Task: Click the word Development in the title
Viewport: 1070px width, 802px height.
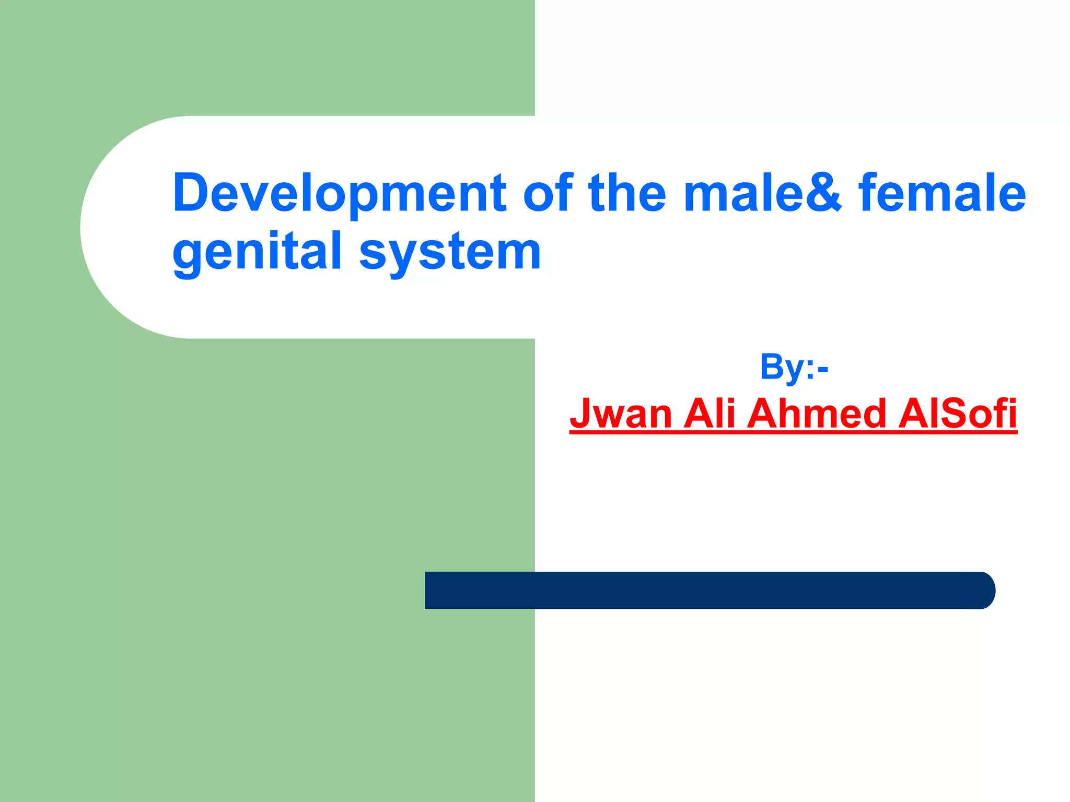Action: [x=340, y=193]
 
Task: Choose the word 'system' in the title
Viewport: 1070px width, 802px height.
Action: [x=450, y=253]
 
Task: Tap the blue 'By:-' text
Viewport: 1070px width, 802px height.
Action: [x=794, y=367]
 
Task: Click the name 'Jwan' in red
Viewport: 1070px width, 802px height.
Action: [x=621, y=414]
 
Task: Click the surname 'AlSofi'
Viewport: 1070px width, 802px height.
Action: [x=957, y=414]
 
